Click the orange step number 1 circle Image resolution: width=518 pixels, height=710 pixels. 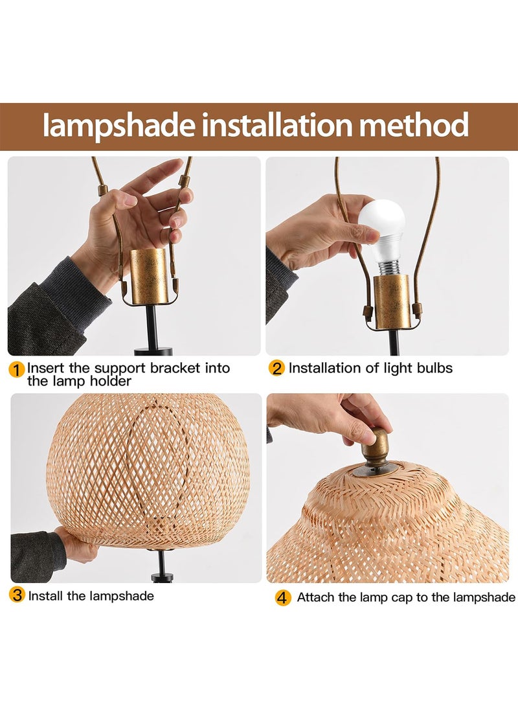17,370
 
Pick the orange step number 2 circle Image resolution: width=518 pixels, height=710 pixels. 276,369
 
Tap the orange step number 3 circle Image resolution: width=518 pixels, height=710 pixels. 17,595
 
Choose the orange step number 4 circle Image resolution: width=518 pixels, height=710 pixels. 282,597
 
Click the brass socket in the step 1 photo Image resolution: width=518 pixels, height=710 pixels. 148,277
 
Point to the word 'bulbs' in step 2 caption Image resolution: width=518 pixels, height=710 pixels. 433,369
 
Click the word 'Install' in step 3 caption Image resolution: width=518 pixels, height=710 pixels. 47,595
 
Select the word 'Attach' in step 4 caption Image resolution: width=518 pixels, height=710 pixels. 315,597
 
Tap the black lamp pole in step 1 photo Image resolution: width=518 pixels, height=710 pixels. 151,327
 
